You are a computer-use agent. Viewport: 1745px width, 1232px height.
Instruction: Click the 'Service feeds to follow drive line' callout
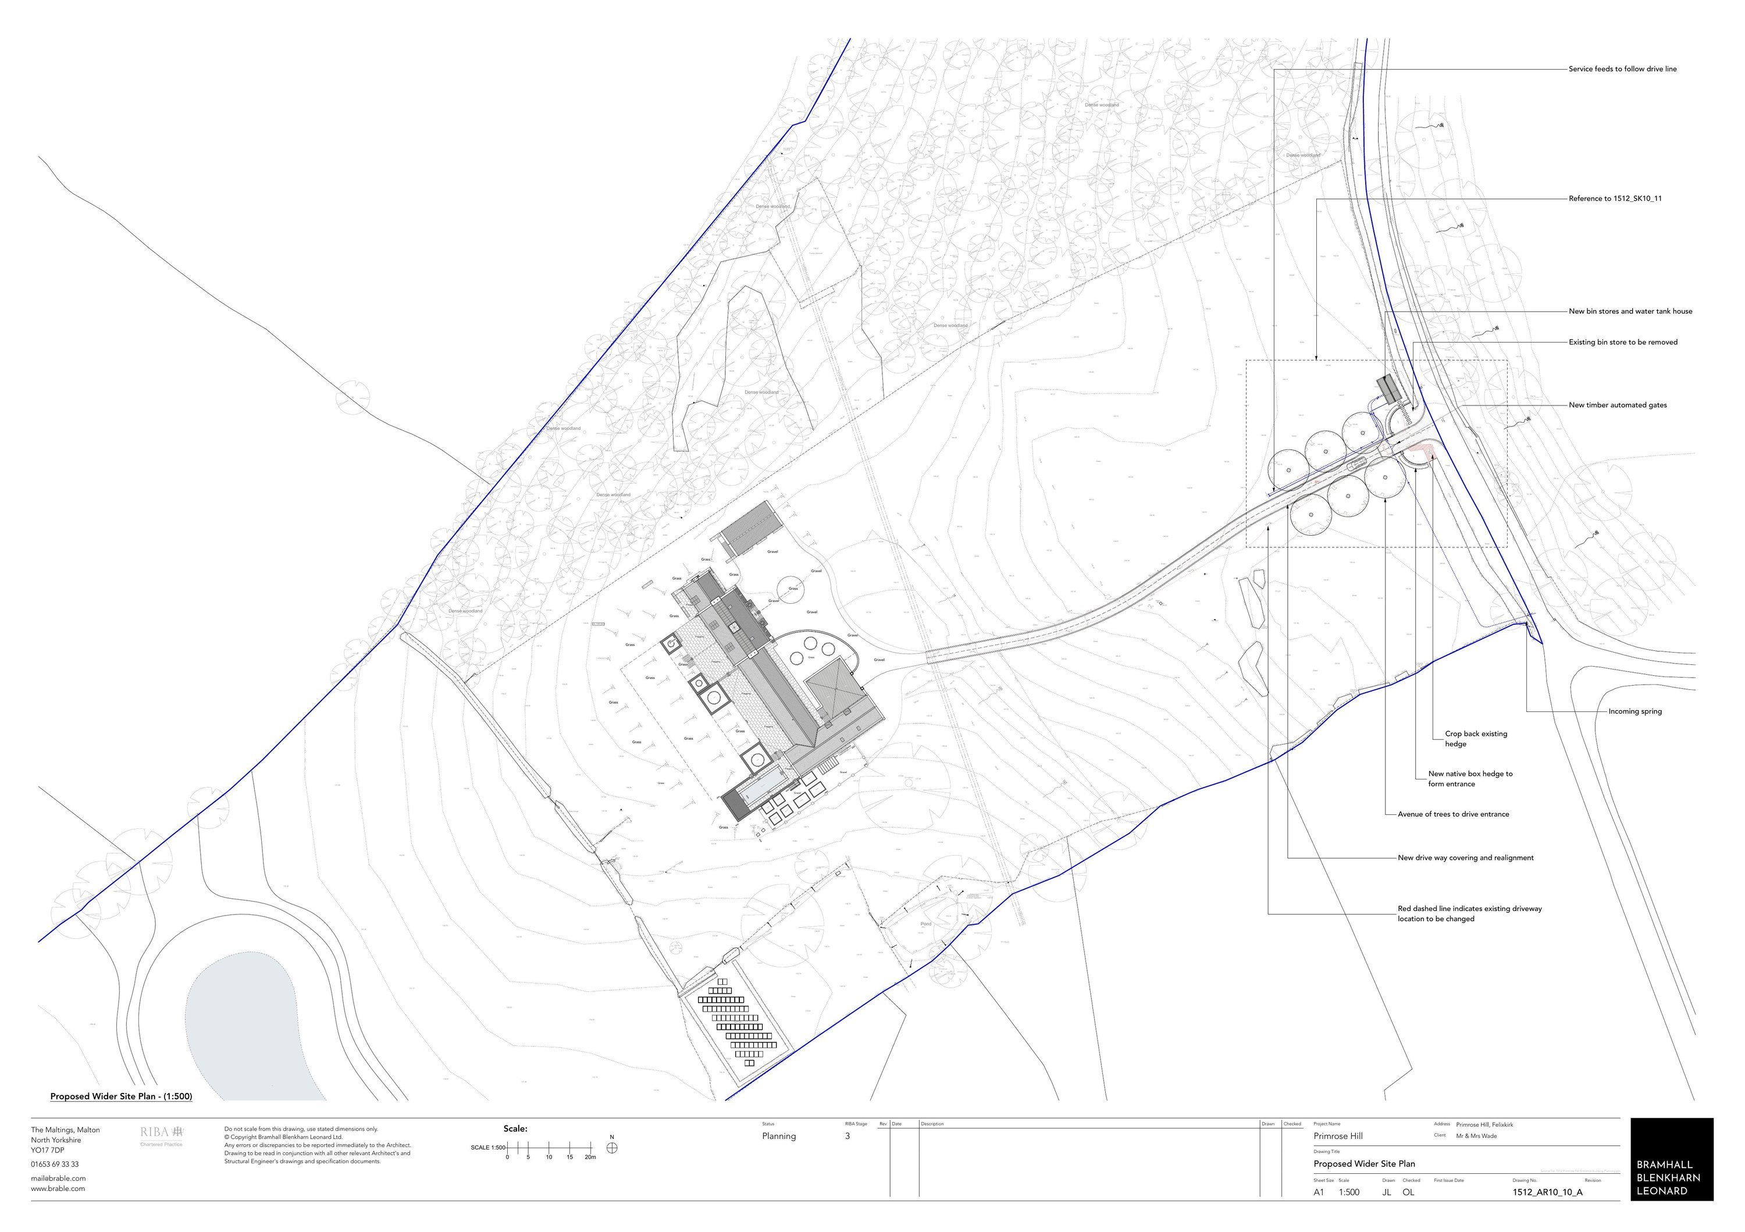coord(1622,69)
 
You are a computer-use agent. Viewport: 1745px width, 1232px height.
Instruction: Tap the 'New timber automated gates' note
coord(1617,405)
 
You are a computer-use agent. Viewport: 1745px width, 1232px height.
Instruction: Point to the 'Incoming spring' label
coord(1635,711)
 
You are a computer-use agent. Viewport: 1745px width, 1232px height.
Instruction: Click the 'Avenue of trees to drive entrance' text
coord(1453,814)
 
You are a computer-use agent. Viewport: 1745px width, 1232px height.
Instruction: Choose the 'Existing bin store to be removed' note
coord(1623,342)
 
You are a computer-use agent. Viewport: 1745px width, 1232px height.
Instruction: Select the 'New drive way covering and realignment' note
coord(1465,857)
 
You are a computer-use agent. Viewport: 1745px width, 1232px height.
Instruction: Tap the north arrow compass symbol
coord(612,1148)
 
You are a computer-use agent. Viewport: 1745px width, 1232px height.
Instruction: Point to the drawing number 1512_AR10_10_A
coord(1547,1192)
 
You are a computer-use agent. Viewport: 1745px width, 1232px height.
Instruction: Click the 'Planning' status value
coord(779,1136)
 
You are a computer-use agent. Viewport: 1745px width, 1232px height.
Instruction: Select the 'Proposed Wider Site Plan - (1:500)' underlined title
coord(121,1096)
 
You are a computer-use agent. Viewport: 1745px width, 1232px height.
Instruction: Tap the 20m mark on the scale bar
coord(590,1157)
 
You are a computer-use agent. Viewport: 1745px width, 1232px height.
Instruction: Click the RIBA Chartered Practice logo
coord(162,1135)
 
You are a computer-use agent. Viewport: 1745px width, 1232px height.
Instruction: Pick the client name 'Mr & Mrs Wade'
coord(1476,1135)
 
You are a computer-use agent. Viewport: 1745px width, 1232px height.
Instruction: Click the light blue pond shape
coord(243,1026)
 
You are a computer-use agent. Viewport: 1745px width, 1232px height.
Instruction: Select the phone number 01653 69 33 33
coord(55,1165)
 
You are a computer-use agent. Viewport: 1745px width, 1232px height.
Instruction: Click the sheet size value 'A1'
coord(1319,1192)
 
